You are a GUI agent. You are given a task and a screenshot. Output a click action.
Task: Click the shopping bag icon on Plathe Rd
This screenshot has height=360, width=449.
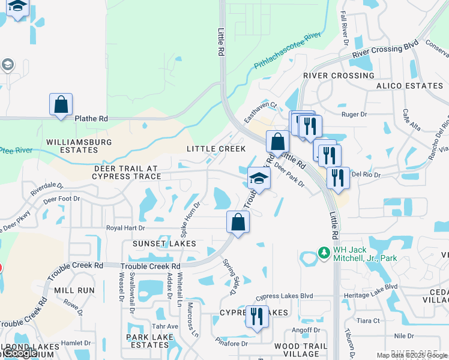click(61, 104)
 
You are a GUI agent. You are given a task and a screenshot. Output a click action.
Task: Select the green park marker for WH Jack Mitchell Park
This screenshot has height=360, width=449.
click(324, 253)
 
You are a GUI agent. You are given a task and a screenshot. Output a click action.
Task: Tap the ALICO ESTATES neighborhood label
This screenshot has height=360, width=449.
click(409, 86)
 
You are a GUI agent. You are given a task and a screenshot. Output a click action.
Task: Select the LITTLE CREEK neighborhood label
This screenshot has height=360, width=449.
click(216, 149)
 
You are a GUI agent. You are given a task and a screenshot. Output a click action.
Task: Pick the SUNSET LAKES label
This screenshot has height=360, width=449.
click(160, 244)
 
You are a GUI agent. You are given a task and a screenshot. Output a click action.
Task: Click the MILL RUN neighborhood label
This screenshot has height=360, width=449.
click(74, 290)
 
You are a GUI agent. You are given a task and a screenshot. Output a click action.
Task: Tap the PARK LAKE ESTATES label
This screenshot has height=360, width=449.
click(149, 341)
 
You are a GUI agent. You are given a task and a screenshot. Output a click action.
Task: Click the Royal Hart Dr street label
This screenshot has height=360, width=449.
click(125, 228)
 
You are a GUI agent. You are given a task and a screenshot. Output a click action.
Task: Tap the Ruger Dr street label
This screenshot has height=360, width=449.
click(354, 114)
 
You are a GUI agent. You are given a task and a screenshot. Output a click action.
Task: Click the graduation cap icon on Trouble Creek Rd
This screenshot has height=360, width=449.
click(259, 178)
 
